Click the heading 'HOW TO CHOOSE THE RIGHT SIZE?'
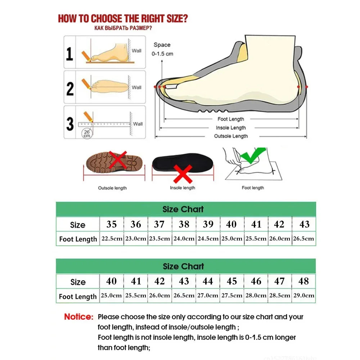click(x=123, y=18)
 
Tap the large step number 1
click(x=69, y=54)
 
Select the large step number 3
click(x=70, y=123)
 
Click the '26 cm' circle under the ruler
click(x=87, y=134)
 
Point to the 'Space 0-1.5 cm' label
click(x=162, y=49)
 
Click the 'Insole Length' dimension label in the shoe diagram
click(x=231, y=128)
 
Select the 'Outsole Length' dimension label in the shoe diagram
click(x=231, y=136)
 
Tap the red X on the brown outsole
click(x=118, y=159)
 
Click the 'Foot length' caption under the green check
click(x=253, y=188)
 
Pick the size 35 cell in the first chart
click(x=112, y=225)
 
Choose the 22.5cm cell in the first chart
click(x=112, y=239)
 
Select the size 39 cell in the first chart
click(x=208, y=225)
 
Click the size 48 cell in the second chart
click(x=304, y=281)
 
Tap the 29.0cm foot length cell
click(x=304, y=296)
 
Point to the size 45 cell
click(x=232, y=281)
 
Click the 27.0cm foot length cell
click(x=208, y=296)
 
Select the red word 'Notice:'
click(x=79, y=317)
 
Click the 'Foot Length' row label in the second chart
click(x=78, y=297)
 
